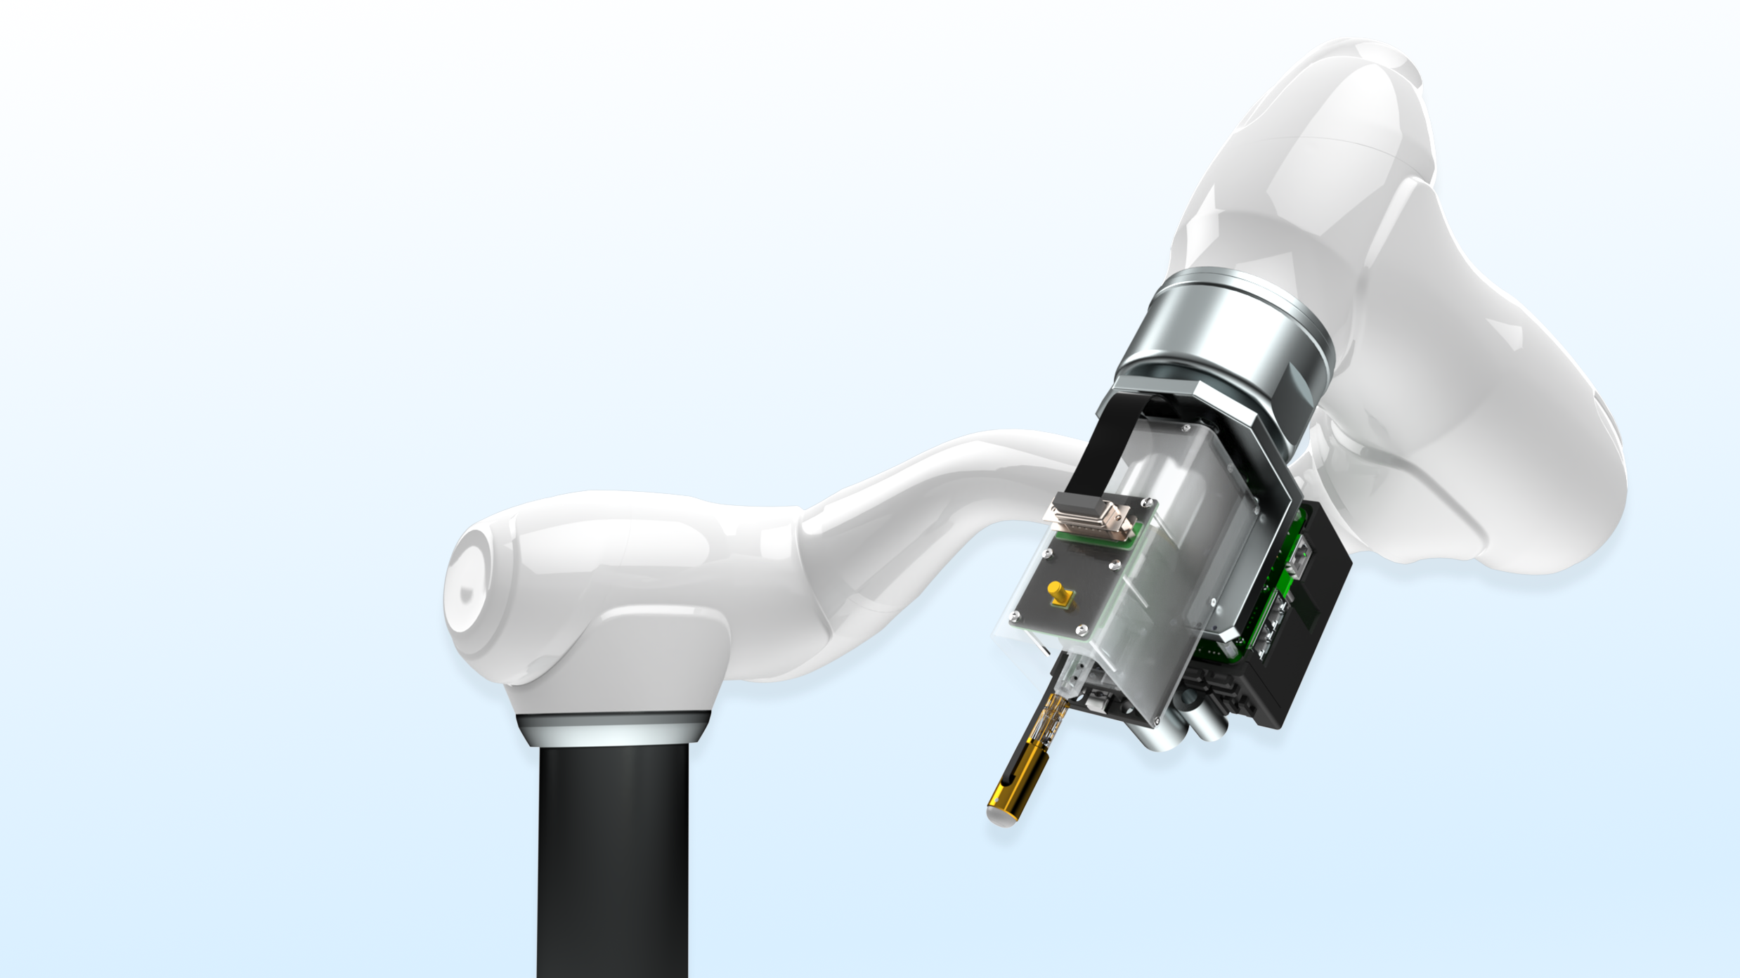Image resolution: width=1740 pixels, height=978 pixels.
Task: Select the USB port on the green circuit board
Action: (x=1297, y=555)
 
